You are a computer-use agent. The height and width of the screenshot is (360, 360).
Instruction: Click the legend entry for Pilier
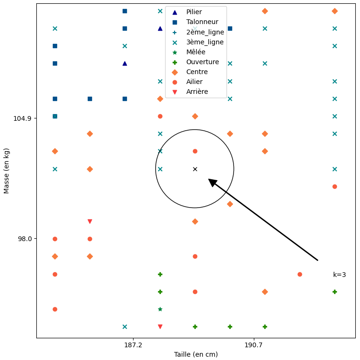coord(194,12)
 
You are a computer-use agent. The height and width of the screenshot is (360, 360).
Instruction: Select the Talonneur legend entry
coord(202,22)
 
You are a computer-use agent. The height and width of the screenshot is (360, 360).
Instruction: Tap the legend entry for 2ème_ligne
coord(205,32)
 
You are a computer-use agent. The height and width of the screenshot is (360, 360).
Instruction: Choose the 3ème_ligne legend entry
coord(205,42)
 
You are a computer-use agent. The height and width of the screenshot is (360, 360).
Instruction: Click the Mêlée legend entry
coord(196,52)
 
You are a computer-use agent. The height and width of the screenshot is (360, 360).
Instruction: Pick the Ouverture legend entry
coord(202,62)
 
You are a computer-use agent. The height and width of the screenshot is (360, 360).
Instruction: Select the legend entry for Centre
coord(197,72)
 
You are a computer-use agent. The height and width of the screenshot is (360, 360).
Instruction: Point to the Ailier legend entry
coord(194,82)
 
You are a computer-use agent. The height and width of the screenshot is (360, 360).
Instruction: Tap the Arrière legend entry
coord(197,92)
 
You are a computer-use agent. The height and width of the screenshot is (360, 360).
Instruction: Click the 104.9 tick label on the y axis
coord(22,118)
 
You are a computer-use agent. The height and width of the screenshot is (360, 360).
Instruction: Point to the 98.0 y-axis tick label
coord(24,239)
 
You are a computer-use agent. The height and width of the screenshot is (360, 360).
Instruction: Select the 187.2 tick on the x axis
coord(133,345)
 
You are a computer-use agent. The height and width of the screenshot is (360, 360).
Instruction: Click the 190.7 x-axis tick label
coord(254,345)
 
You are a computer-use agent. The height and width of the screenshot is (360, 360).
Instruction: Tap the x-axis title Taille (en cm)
coord(196,354)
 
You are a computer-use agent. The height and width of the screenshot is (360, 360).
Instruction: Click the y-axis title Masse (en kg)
coord(7,170)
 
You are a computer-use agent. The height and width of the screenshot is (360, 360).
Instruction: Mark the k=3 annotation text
coord(339,275)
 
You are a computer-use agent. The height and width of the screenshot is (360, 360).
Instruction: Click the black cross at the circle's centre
coord(195,169)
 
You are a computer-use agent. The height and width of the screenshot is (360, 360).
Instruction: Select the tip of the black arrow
coord(209,179)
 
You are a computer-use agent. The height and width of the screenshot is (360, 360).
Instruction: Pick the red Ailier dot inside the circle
coord(195,151)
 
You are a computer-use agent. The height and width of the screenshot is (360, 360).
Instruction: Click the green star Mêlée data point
coord(160,309)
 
